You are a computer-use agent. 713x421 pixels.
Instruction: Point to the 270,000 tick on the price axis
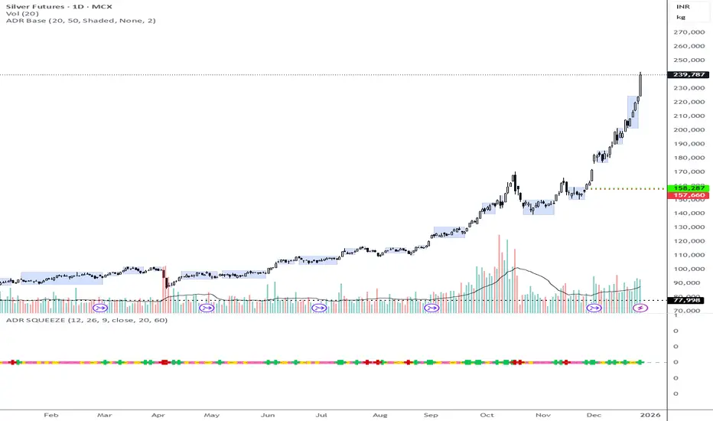[x=686, y=32]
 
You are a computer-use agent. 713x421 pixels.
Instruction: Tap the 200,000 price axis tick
[x=686, y=129]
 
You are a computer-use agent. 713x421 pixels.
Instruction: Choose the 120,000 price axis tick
[x=686, y=241]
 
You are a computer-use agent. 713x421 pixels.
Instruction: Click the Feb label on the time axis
[x=50, y=414]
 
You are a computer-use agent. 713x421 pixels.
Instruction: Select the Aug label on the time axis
[x=379, y=414]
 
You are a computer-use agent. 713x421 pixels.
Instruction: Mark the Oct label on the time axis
[x=488, y=414]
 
